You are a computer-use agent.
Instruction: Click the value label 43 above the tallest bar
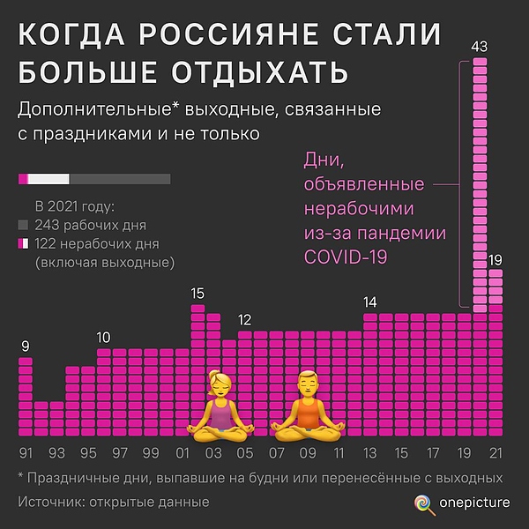coord(480,47)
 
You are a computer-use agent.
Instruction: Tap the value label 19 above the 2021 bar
coord(495,259)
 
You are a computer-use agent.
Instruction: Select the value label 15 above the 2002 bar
coord(197,294)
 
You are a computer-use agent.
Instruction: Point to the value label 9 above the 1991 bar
coord(26,346)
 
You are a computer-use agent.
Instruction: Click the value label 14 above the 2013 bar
coord(370,302)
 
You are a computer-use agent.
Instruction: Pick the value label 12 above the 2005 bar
coord(245,319)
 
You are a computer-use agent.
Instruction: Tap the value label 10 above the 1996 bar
coord(104,337)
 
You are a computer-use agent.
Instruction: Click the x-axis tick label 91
coord(26,453)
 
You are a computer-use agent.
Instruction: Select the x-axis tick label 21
coord(495,453)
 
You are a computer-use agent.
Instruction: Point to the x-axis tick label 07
coord(276,453)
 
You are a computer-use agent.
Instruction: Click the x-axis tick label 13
coord(370,453)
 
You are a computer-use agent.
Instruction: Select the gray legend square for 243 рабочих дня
coord(23,226)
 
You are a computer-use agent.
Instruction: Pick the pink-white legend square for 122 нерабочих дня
coord(23,244)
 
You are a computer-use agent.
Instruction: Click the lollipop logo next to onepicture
coord(425,503)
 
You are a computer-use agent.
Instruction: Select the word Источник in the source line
coord(52,502)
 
